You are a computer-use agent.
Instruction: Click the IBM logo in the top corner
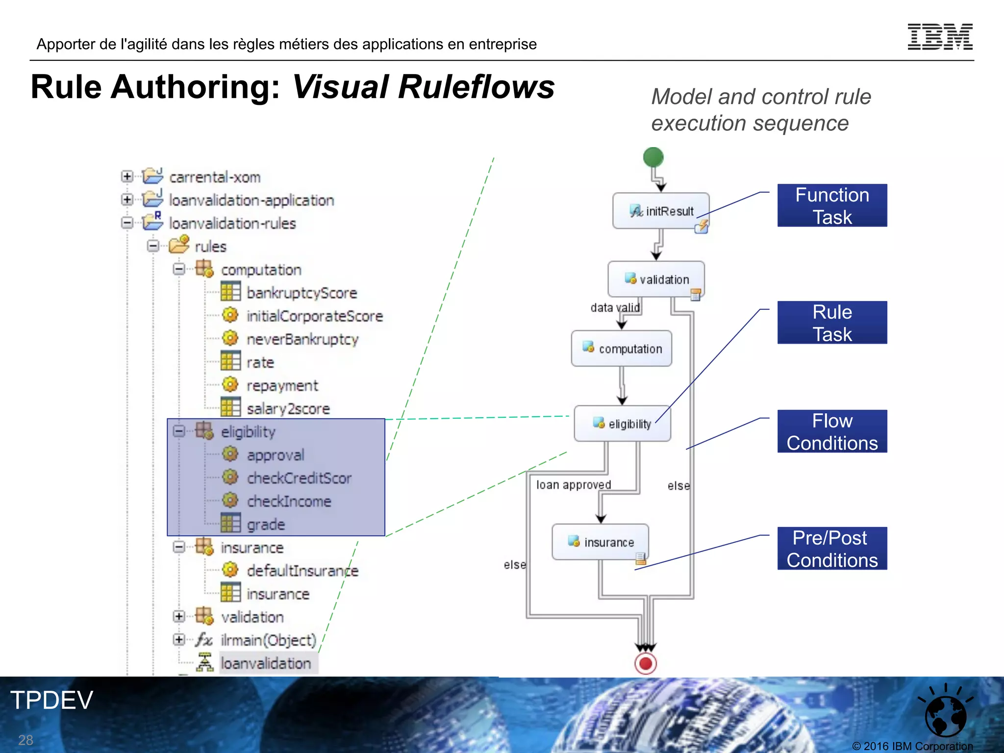[x=940, y=37]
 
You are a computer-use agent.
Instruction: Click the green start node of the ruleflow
[x=653, y=157]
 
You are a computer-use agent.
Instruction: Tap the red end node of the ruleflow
[x=646, y=664]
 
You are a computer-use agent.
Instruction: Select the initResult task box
[x=661, y=211]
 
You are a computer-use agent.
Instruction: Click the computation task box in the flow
[x=622, y=349]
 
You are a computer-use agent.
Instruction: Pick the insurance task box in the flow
[x=601, y=542]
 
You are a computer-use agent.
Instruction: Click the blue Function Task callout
[x=832, y=205]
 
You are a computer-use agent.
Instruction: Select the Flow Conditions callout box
[x=832, y=431]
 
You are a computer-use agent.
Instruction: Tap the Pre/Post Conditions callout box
[x=832, y=549]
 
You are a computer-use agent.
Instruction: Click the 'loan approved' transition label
[x=573, y=485]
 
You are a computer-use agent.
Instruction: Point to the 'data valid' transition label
[x=615, y=308]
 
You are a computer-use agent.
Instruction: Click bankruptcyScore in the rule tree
[x=301, y=293]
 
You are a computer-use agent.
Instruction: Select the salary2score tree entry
[x=288, y=409]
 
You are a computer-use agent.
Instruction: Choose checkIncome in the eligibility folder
[x=289, y=502]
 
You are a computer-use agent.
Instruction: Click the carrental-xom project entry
[x=215, y=177]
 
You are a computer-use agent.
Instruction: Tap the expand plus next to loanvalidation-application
[x=127, y=200]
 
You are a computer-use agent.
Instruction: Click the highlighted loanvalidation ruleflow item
[x=266, y=663]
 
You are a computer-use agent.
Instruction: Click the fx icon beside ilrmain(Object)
[x=203, y=640]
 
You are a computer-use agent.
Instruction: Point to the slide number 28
[x=25, y=740]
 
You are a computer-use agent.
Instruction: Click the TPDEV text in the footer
[x=51, y=700]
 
